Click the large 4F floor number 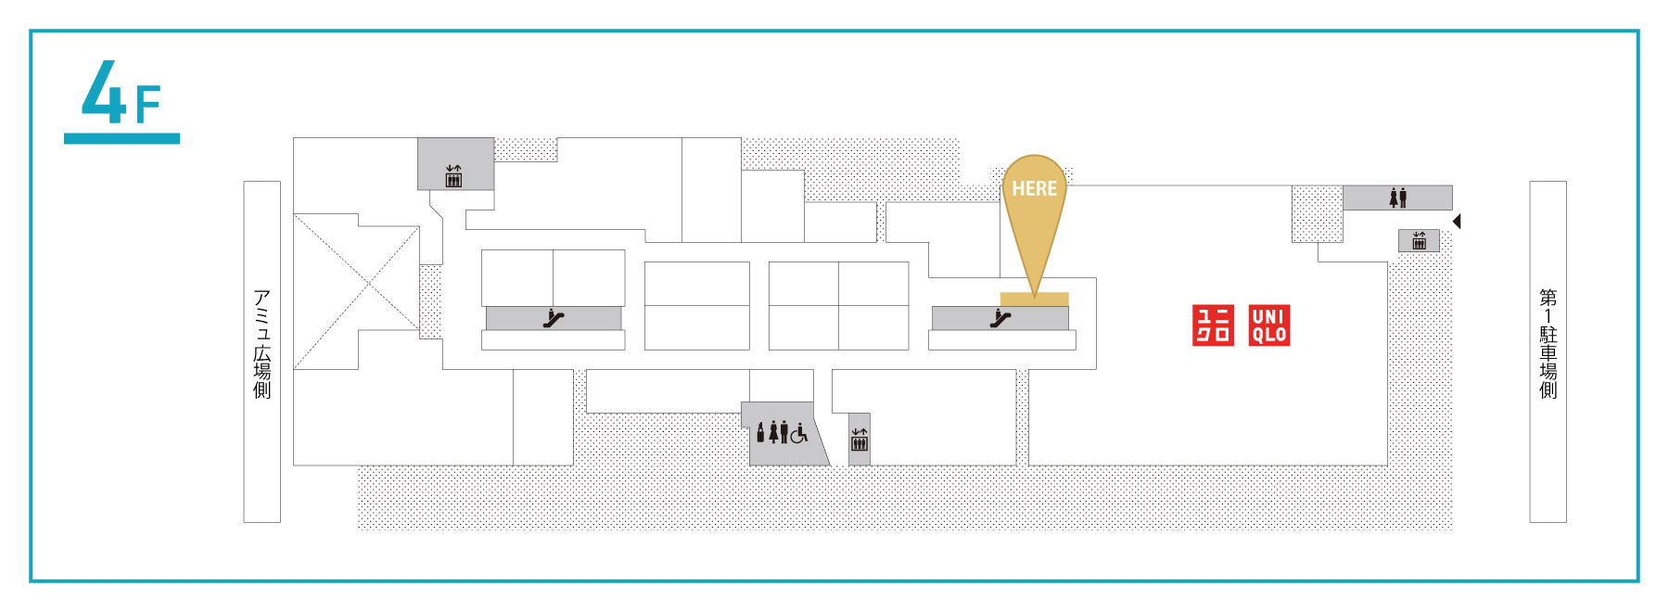point(121,93)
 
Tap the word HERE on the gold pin point(1034,188)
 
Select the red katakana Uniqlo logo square point(1213,325)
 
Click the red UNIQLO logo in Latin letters point(1269,325)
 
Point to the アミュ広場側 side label point(262,344)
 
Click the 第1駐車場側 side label point(1548,344)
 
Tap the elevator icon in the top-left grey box point(453,176)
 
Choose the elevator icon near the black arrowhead point(1419,241)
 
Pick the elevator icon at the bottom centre point(860,440)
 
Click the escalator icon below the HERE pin point(1000,319)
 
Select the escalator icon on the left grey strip point(554,319)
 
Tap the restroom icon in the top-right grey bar point(1398,198)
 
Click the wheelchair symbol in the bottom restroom point(798,433)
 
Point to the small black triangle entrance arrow point(1457,222)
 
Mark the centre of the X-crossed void point(369,283)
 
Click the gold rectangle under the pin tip point(1034,299)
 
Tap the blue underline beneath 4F point(121,138)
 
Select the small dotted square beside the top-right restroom point(1318,214)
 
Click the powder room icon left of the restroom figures point(761,433)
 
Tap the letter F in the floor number point(148,105)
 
